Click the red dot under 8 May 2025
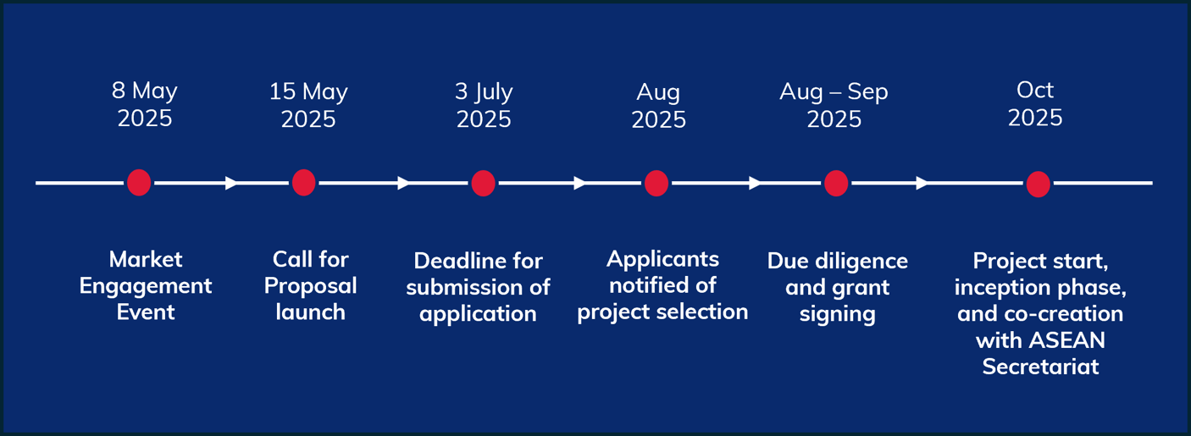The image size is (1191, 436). pos(139,182)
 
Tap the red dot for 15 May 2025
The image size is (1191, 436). pos(303,182)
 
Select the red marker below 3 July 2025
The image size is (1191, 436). pos(484,183)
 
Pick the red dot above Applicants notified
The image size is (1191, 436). pos(656,183)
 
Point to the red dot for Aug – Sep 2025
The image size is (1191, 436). pos(836,183)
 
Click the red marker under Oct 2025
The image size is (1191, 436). pos(1038,184)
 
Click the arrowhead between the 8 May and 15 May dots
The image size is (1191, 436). pos(231,183)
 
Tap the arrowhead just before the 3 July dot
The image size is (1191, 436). pos(403,183)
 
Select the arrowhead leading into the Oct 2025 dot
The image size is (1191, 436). pos(922,183)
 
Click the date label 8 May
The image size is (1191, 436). pos(145,91)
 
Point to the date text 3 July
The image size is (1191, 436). pos(484,92)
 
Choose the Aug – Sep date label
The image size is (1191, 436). pos(834,92)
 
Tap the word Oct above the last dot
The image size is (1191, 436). pos(1035,90)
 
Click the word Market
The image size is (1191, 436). pos(146,259)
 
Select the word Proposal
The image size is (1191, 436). pos(311,287)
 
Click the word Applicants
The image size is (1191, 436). pos(662,259)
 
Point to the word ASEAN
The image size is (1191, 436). pos(1067,340)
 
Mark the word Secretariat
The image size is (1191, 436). pos(1040,367)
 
